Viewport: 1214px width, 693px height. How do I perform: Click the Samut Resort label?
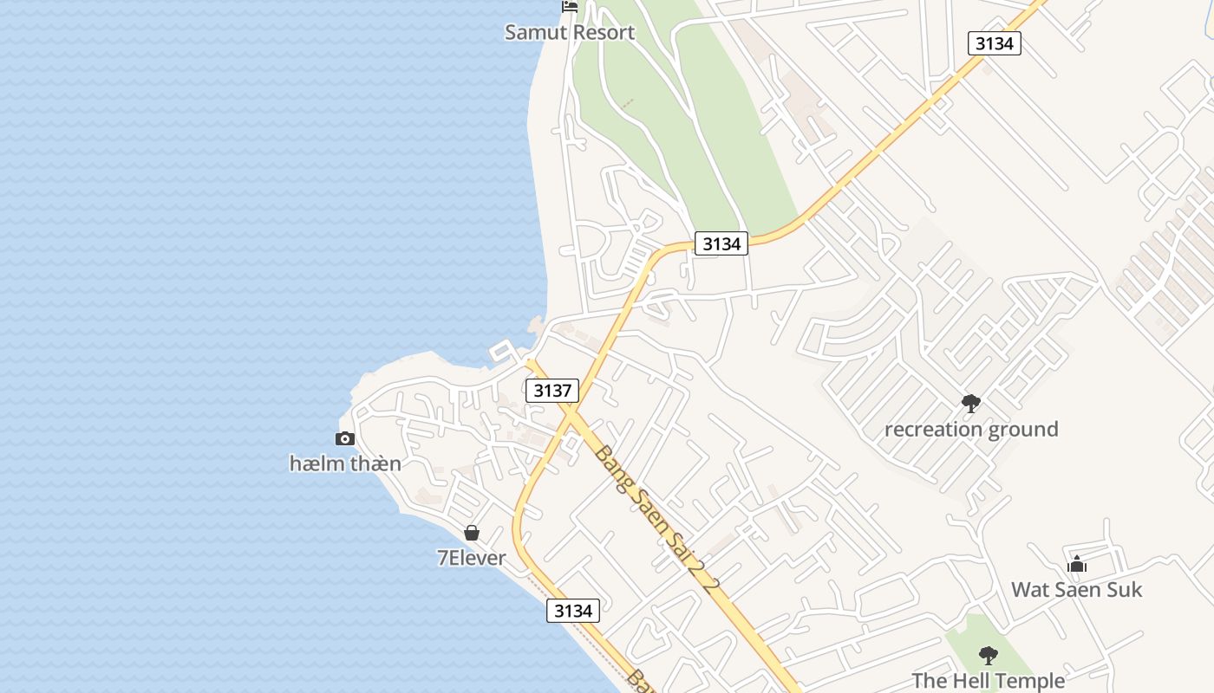570,32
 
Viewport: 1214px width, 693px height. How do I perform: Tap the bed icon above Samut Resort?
570,6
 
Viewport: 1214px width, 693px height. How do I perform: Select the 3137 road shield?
552,391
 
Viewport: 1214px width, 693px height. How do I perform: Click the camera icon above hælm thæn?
345,438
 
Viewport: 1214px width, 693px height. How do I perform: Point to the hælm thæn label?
345,463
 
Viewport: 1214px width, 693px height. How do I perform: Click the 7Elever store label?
471,558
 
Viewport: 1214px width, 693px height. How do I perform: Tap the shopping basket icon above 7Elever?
472,533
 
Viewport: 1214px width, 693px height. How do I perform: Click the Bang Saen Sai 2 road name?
658,519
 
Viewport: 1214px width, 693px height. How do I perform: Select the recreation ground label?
971,429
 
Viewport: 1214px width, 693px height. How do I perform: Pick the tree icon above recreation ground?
971,403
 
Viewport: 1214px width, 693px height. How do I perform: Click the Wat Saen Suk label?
1077,590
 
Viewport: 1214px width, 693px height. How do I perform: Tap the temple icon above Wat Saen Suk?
1077,565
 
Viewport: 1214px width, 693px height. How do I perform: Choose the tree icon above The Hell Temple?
988,655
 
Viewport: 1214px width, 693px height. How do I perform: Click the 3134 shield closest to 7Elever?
573,611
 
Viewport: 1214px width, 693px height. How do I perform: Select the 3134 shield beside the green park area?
721,244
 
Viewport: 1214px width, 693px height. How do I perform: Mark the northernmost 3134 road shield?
995,43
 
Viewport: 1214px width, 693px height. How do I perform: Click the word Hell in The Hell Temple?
971,681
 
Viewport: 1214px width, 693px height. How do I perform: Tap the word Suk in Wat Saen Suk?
1124,590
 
